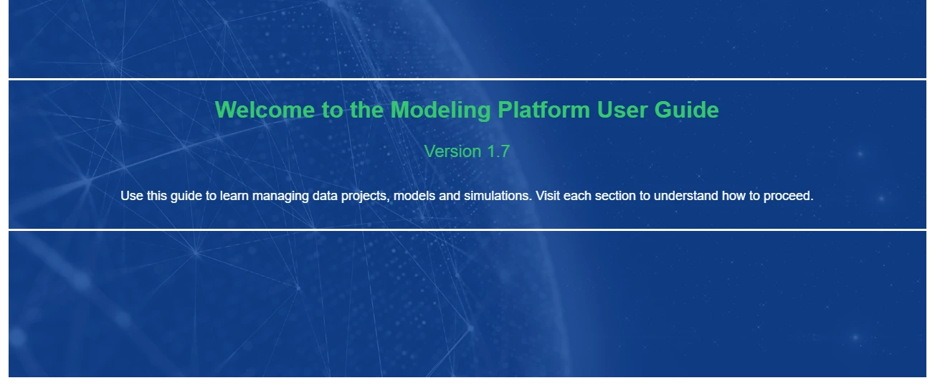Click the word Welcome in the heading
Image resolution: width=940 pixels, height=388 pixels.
pos(265,110)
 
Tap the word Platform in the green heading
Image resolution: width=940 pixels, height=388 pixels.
pos(544,110)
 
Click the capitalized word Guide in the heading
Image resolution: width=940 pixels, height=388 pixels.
pos(686,110)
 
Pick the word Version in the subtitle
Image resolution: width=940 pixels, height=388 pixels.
pos(452,151)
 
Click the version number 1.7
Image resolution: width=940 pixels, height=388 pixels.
pos(498,151)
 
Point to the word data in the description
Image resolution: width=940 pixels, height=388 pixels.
pos(325,196)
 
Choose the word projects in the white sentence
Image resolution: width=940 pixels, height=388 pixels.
pos(365,197)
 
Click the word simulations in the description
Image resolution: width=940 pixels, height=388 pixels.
pos(498,196)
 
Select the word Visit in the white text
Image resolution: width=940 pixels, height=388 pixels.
pos(548,196)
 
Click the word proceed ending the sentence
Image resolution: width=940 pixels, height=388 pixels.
pos(788,197)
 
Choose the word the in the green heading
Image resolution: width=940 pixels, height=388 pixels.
pos(366,110)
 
